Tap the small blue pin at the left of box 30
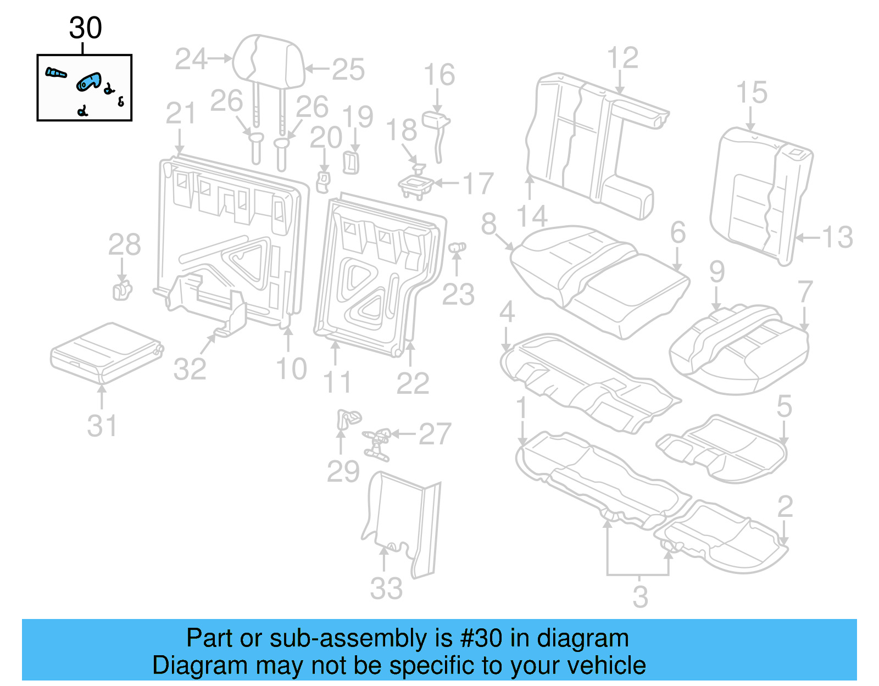pos(55,72)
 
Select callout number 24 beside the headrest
pos(191,59)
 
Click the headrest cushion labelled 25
pos(268,60)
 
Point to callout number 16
pos(439,75)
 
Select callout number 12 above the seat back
pos(622,58)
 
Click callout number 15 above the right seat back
pos(751,92)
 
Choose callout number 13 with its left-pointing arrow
pos(837,237)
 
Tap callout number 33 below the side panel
pos(386,588)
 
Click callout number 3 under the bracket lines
pos(640,596)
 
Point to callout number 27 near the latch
pos(435,434)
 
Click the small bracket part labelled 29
pos(347,419)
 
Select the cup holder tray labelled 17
pos(416,186)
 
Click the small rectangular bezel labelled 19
pos(351,163)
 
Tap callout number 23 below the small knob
pos(458,294)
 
